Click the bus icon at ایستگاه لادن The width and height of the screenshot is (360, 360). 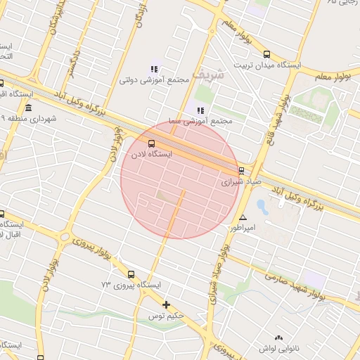tap(153, 144)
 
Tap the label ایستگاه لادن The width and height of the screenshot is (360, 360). tap(153, 155)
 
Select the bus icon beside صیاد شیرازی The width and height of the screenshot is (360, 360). tap(242, 170)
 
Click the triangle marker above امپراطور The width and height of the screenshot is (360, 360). tap(243, 218)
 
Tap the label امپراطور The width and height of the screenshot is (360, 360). tap(245, 229)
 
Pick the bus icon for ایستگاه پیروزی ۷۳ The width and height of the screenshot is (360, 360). tap(131, 275)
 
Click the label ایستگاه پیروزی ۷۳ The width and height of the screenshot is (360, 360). tap(131, 285)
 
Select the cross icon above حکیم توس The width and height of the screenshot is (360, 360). tap(166, 304)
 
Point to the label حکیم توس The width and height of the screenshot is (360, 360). tap(171, 315)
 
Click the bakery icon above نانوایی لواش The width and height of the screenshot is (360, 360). tap(279, 338)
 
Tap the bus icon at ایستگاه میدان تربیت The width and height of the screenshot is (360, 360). tap(266, 54)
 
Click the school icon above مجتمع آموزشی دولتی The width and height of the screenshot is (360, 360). tap(154, 69)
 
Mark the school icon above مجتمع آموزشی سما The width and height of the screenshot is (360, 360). tap(200, 110)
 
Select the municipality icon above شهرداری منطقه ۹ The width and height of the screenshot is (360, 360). tap(28, 108)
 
